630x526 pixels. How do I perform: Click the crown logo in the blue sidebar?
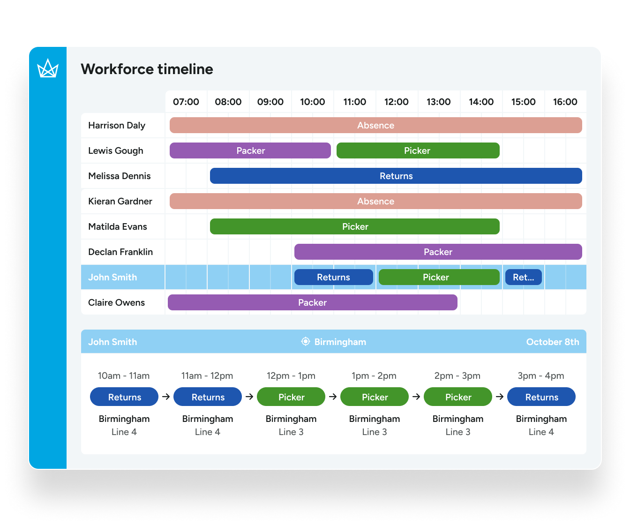click(x=48, y=68)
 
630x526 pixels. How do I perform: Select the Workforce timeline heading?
click(x=147, y=69)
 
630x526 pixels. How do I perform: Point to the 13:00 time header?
click(x=438, y=102)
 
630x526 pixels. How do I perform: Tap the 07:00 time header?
click(x=186, y=102)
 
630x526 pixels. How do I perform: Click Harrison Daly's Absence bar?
click(x=375, y=125)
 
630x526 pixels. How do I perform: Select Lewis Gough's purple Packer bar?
click(x=250, y=150)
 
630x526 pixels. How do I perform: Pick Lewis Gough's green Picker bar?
click(x=417, y=150)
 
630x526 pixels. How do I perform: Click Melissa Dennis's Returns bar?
click(x=396, y=176)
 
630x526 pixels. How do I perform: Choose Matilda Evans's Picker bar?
click(x=355, y=226)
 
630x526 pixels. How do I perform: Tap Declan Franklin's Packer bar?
click(x=438, y=252)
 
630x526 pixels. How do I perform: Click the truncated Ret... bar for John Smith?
click(x=523, y=277)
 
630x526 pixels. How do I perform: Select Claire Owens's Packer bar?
click(x=312, y=302)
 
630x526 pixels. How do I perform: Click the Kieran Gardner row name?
click(x=120, y=201)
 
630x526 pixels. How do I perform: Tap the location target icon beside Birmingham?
click(x=306, y=342)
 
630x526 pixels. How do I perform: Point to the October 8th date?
click(x=552, y=342)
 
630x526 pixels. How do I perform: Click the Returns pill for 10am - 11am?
click(x=124, y=397)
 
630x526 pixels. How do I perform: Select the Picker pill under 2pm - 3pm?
click(x=458, y=397)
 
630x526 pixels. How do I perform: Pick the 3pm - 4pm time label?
click(x=541, y=376)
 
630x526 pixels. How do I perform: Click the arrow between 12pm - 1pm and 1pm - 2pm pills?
click(x=333, y=397)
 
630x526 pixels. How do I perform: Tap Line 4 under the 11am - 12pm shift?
click(x=208, y=432)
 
